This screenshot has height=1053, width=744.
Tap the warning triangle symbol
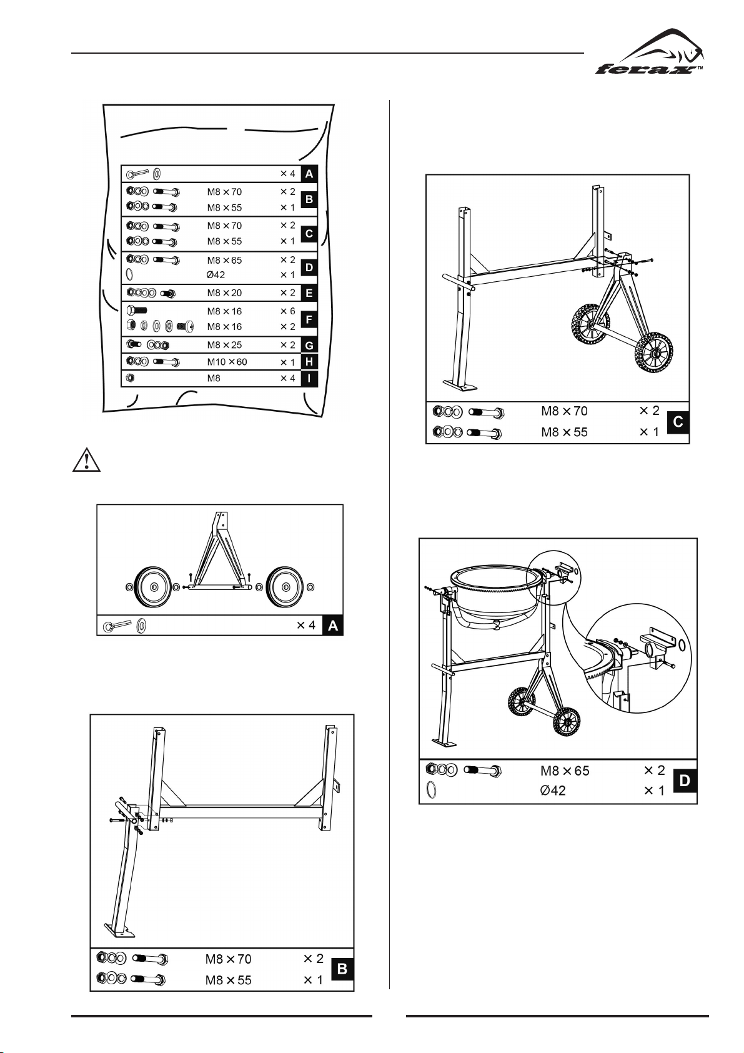click(86, 461)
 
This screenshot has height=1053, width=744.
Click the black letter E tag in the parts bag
click(309, 293)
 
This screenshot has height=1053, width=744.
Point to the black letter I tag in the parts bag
click(309, 378)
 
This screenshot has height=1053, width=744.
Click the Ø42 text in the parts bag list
click(216, 275)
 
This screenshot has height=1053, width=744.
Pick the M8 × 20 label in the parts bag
click(224, 293)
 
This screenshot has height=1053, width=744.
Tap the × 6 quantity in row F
click(287, 311)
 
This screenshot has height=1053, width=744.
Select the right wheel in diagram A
click(285, 587)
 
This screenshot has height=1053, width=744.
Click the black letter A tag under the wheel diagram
click(333, 626)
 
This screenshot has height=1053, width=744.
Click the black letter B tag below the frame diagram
click(342, 969)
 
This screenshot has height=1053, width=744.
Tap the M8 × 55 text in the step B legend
click(228, 980)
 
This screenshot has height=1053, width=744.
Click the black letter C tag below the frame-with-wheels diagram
click(678, 423)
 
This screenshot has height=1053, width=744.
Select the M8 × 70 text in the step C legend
click(564, 411)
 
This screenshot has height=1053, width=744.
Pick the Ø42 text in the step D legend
click(553, 791)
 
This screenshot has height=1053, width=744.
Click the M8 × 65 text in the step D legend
click(565, 771)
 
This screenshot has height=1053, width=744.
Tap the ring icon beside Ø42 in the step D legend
click(430, 791)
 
